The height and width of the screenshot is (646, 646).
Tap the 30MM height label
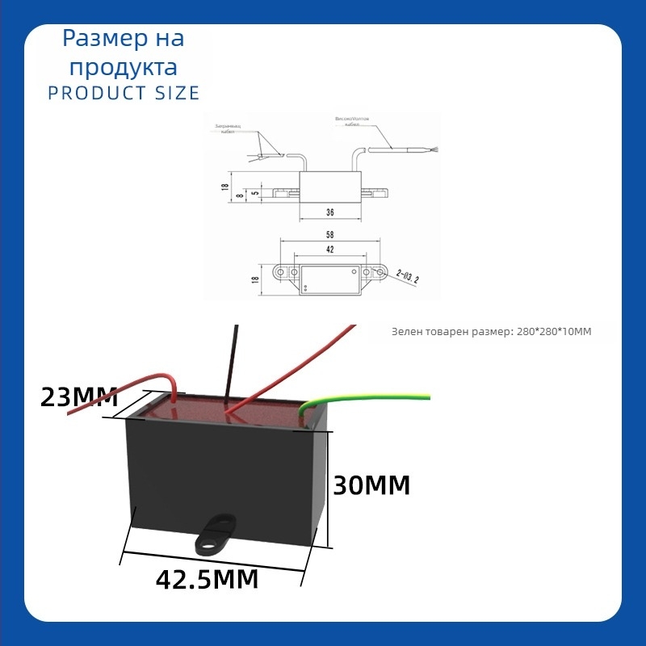pyautogui.click(x=371, y=485)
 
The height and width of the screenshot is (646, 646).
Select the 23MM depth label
pyautogui.click(x=79, y=397)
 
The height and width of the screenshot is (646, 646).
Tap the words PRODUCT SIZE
pyautogui.click(x=124, y=93)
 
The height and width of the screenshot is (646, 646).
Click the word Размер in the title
pyautogui.click(x=94, y=38)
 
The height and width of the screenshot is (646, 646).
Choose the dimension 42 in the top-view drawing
pyautogui.click(x=329, y=250)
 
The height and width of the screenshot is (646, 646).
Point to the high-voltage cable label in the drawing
pyautogui.click(x=352, y=120)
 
